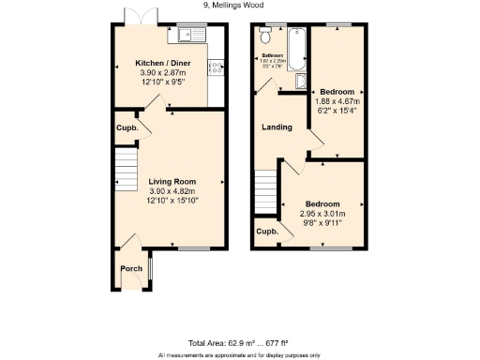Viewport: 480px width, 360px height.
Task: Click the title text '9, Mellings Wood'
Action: (240, 5)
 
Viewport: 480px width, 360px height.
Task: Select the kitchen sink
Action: (189, 37)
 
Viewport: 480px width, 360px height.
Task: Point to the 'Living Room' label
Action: (171, 181)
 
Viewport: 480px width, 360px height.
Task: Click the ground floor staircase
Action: (125, 172)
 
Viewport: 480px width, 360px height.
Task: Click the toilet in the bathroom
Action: (266, 37)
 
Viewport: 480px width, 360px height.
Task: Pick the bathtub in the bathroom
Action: (295, 49)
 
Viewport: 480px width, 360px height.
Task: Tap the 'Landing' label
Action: (277, 127)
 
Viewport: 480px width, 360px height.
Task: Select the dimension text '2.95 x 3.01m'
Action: (321, 214)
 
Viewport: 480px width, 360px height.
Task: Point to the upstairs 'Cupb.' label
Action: (267, 232)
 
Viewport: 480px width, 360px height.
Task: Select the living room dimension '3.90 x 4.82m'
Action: (171, 190)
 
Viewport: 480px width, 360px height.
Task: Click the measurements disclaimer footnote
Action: (240, 355)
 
